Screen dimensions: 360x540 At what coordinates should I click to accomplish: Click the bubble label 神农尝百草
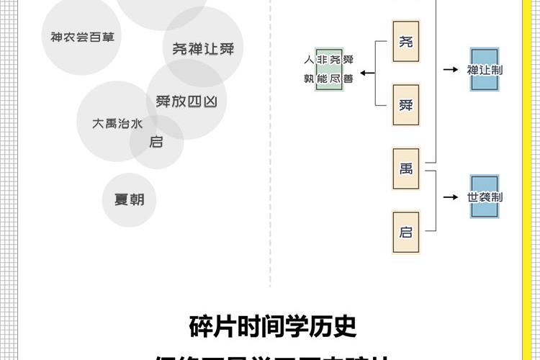pos(82,37)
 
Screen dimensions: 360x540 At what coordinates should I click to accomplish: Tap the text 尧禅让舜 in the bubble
pos(203,49)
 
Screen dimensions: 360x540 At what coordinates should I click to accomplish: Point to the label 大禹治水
pos(117,123)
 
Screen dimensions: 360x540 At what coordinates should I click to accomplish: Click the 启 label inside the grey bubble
pos(156,142)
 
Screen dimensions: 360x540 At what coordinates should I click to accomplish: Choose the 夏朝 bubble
pos(129,199)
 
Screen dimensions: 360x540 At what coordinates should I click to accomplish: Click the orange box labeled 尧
pos(405,42)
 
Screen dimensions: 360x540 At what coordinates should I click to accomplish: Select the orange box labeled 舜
pos(405,105)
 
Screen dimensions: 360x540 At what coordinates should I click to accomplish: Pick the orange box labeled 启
pos(405,232)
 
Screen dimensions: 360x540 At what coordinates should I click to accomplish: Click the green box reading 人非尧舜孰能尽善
pos(329,70)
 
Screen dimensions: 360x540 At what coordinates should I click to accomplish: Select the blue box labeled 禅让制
pos(485,70)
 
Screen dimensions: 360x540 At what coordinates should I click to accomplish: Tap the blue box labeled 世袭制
pos(485,197)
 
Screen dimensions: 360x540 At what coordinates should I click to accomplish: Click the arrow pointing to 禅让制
pos(451,70)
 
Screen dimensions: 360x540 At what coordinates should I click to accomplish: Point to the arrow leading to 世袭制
pos(451,197)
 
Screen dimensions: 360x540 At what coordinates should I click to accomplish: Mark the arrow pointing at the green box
pos(367,72)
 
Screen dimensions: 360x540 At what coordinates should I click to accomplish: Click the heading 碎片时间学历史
pos(273,326)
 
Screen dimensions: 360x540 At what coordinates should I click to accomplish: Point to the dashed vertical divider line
pos(271,180)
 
